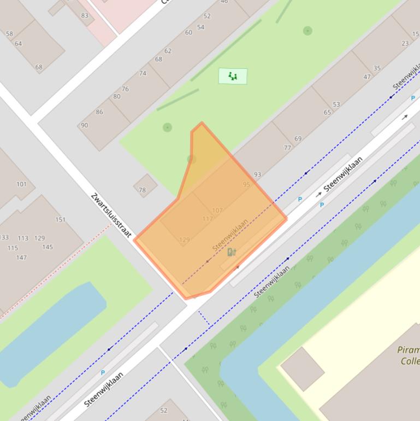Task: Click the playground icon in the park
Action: [x=233, y=76]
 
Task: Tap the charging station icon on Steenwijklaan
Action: [x=232, y=252]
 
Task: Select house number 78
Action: [x=142, y=190]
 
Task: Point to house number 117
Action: [x=208, y=219]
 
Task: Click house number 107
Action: [x=217, y=210]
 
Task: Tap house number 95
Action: [x=246, y=185]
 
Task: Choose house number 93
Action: [x=257, y=174]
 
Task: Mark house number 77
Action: [x=287, y=148]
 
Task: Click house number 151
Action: [x=60, y=220]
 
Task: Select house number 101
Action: [x=21, y=184]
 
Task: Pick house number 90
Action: [x=84, y=125]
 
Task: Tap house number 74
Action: [x=143, y=73]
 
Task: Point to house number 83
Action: [x=85, y=15]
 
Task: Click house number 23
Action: [x=405, y=43]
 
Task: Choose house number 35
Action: [x=377, y=68]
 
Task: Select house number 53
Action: [x=336, y=104]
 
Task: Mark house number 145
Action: [x=48, y=247]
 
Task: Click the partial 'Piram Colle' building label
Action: [x=409, y=355]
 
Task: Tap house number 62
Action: [x=168, y=51]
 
